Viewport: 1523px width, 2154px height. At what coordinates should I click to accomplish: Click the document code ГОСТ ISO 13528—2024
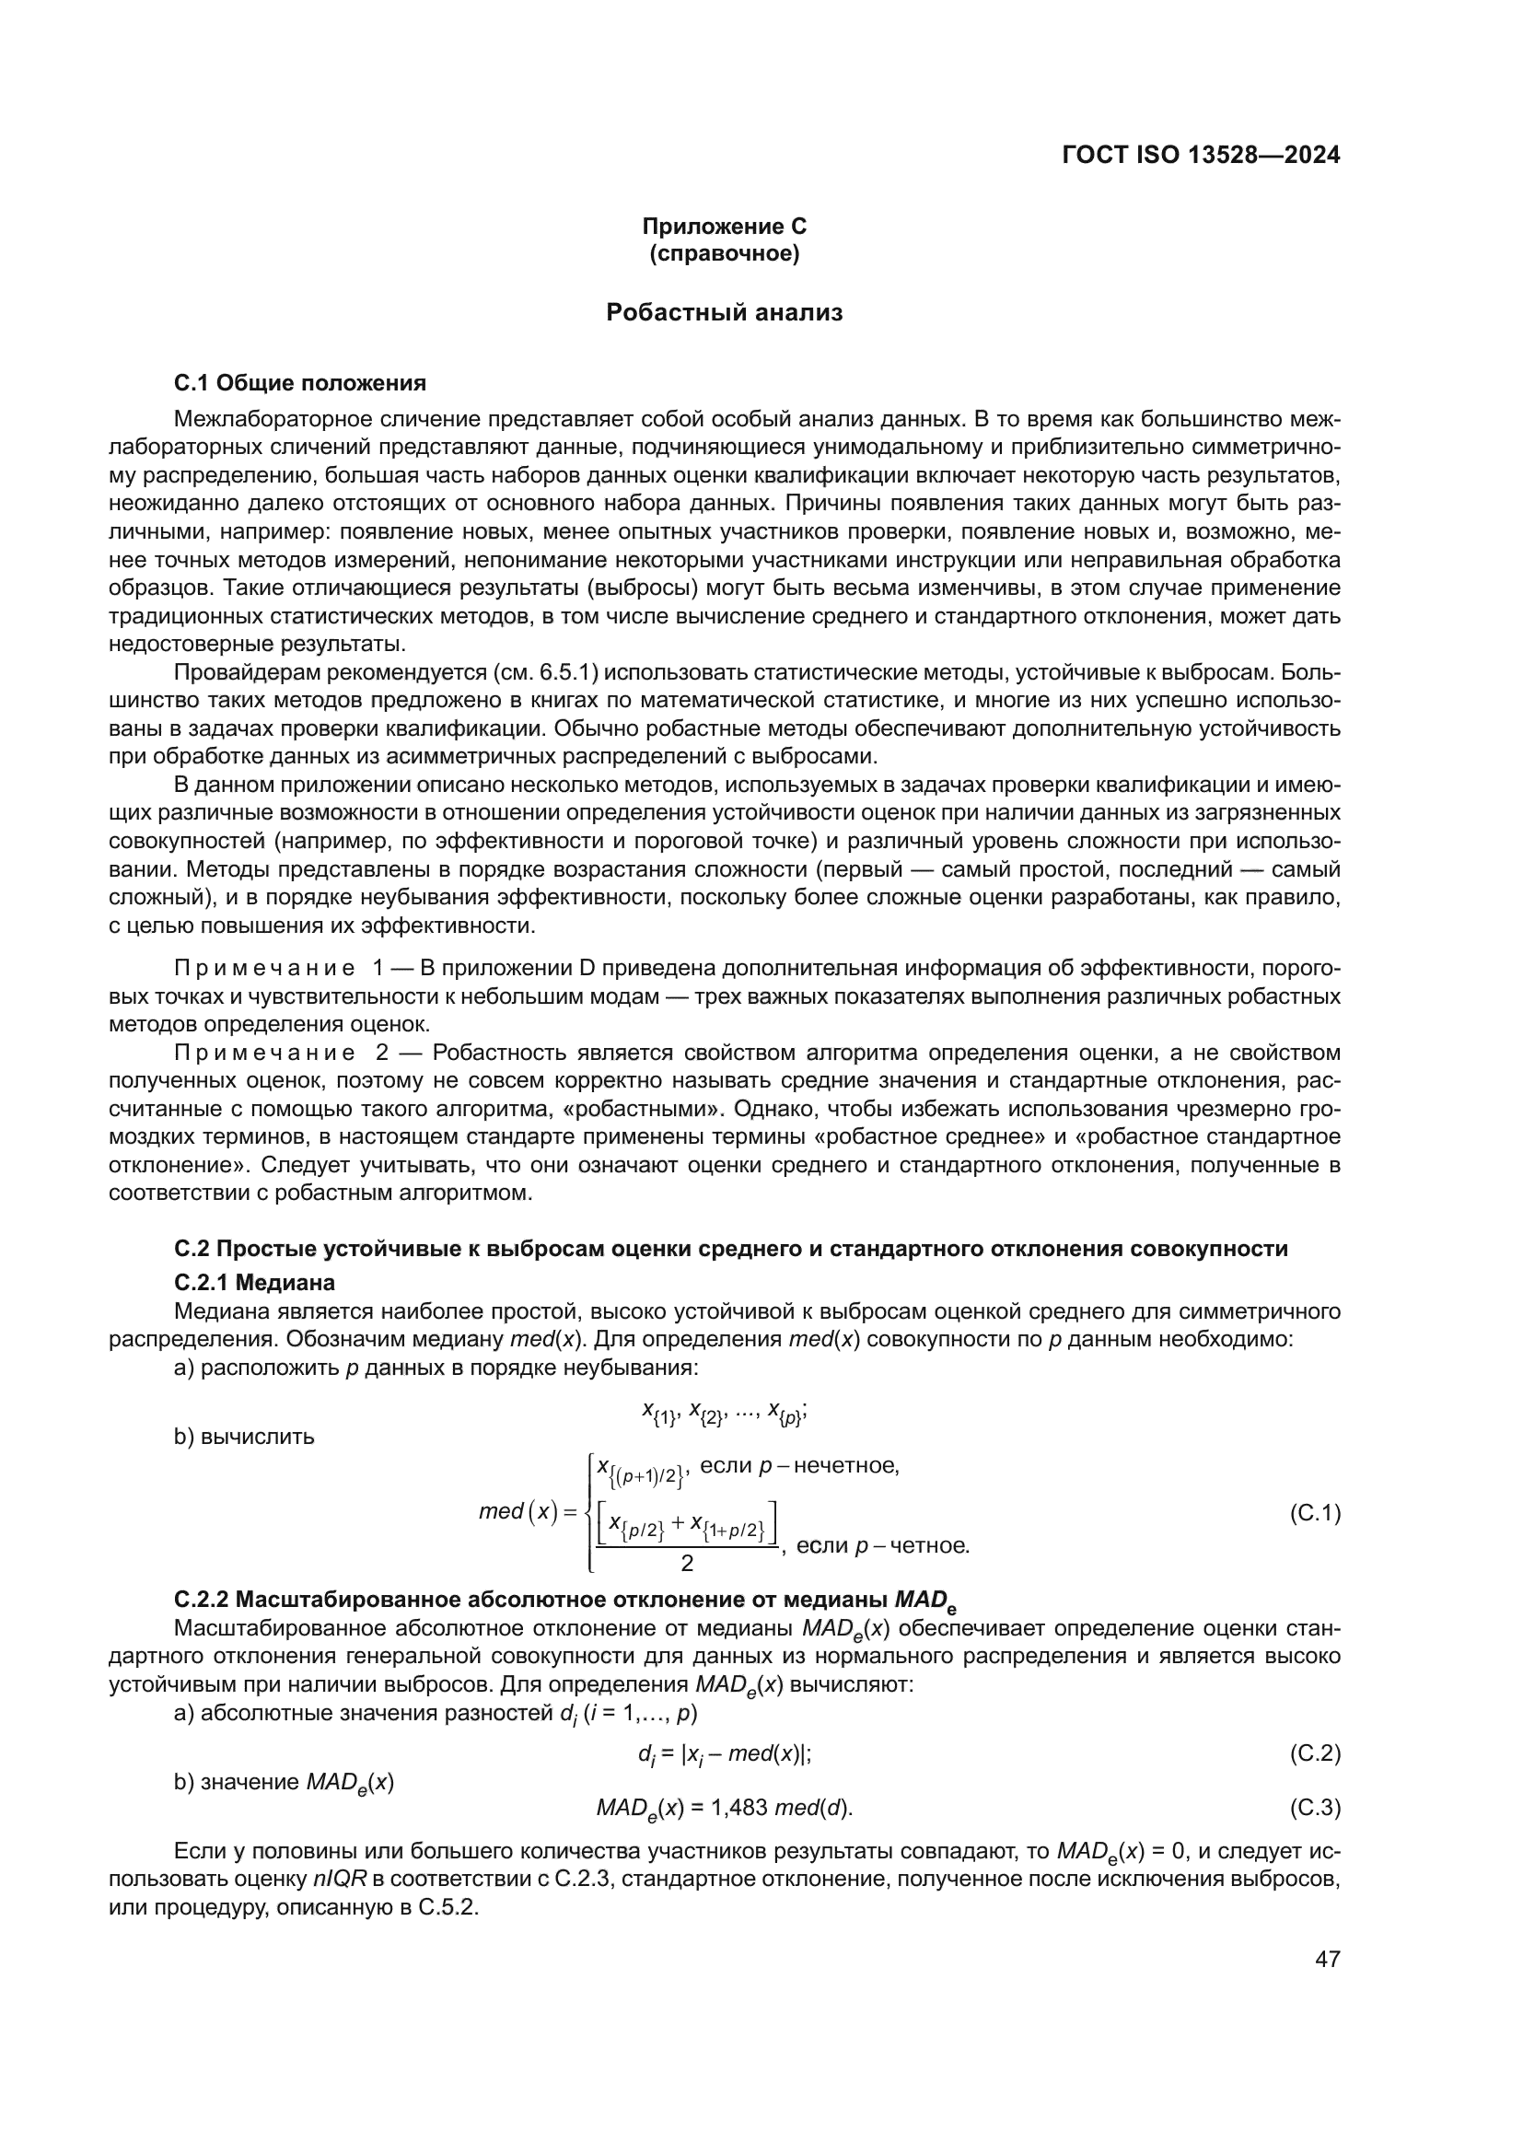pyautogui.click(x=1201, y=155)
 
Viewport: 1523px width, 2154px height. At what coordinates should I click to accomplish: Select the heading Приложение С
pyautogui.click(x=724, y=227)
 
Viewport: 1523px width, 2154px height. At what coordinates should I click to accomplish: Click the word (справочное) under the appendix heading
pyautogui.click(x=724, y=254)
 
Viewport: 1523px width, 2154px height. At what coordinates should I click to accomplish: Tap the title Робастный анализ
pyautogui.click(x=724, y=312)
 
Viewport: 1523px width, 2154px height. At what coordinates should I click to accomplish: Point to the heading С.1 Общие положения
pyautogui.click(x=300, y=383)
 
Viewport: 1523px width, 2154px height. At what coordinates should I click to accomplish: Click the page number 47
pyautogui.click(x=1327, y=1959)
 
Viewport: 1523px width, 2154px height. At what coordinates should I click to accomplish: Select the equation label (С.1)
pyautogui.click(x=1315, y=1512)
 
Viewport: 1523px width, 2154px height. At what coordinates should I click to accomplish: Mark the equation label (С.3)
pyautogui.click(x=1315, y=1807)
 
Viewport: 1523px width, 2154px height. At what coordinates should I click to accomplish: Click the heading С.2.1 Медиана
pyautogui.click(x=254, y=1282)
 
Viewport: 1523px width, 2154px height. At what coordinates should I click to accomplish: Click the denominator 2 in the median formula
pyautogui.click(x=687, y=1563)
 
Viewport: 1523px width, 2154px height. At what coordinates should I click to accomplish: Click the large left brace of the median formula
pyautogui.click(x=588, y=1512)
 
